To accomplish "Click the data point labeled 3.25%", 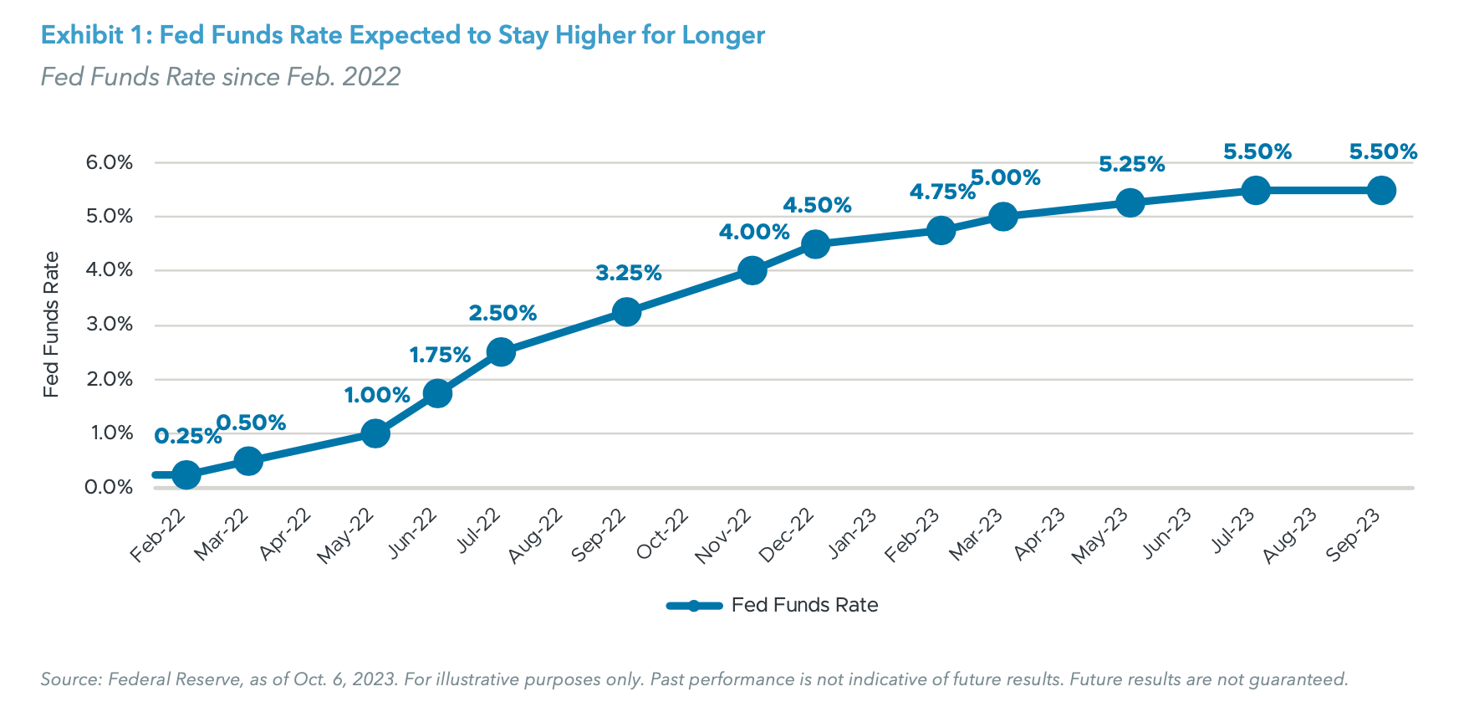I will tap(626, 312).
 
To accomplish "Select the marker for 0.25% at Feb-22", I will tap(186, 475).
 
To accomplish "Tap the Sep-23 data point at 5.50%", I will tap(1381, 191).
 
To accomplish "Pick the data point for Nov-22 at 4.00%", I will tap(752, 271).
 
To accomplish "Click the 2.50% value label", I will tap(502, 313).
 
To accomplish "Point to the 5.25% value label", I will tap(1131, 165).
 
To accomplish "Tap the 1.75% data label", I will tap(440, 355).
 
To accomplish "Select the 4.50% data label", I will tap(817, 205).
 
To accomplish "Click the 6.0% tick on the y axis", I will tap(110, 162).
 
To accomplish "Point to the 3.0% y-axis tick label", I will tap(110, 325).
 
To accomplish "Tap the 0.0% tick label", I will tap(110, 487).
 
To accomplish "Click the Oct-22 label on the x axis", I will tap(663, 533).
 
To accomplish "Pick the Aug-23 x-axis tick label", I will tap(1290, 535).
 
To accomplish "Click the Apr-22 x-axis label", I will tap(286, 533).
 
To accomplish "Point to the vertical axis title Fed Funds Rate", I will tap(52, 325).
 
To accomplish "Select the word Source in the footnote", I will tap(69, 679).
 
